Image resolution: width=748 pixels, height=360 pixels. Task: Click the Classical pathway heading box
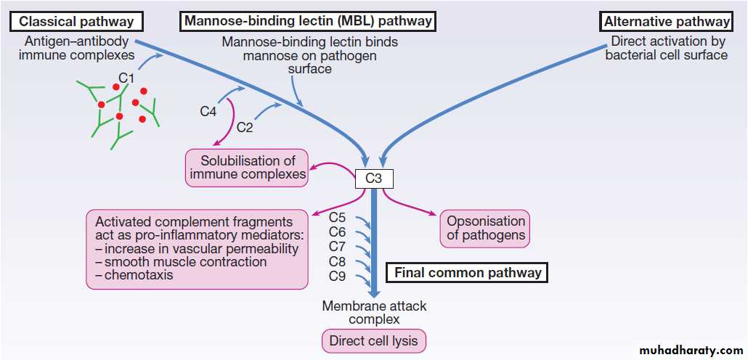pos(76,21)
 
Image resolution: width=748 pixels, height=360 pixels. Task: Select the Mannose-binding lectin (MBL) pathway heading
pos(308,21)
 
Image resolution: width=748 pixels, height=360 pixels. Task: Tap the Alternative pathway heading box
pos(667,21)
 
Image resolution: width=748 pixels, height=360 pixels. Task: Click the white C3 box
pos(374,177)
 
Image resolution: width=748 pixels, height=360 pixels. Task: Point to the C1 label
pos(127,76)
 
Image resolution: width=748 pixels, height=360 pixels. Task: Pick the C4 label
pos(209,111)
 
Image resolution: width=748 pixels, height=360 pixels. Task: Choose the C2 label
pos(245,128)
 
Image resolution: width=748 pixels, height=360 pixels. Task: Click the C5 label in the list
pos(337,217)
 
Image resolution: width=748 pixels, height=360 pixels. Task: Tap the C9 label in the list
pos(337,276)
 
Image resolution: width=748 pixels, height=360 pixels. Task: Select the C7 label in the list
pos(337,247)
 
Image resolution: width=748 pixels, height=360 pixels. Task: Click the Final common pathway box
pos(467,273)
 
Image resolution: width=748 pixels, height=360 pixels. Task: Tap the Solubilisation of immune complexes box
pos(247,167)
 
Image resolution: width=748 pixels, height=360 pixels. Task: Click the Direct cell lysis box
pos(374,341)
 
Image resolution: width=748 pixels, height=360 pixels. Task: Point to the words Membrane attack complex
pos(374,313)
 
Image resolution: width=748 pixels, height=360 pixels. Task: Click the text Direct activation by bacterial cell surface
pos(666,48)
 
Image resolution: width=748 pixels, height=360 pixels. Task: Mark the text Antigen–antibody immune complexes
pos(76,48)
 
